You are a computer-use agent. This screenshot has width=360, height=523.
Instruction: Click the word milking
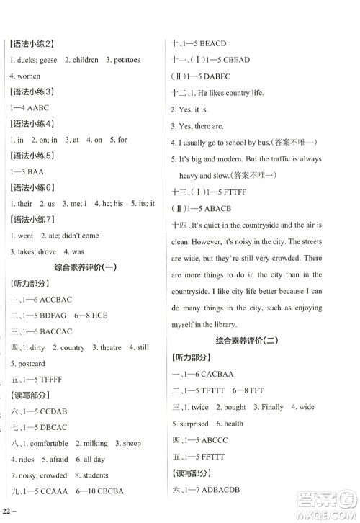click(x=91, y=443)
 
